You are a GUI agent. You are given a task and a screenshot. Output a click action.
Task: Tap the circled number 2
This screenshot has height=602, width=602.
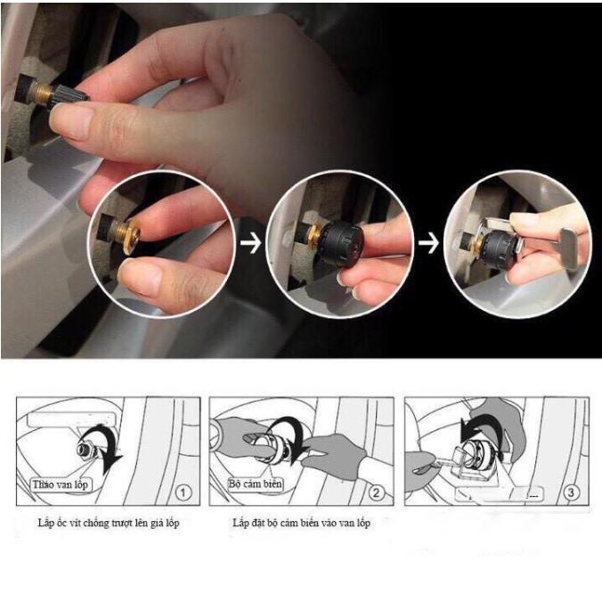[376, 491]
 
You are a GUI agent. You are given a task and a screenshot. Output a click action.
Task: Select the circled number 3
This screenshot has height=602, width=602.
[570, 491]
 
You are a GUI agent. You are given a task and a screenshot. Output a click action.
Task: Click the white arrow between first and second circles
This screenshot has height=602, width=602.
[251, 243]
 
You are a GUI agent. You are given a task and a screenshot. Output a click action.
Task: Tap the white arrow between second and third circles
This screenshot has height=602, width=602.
[430, 243]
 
